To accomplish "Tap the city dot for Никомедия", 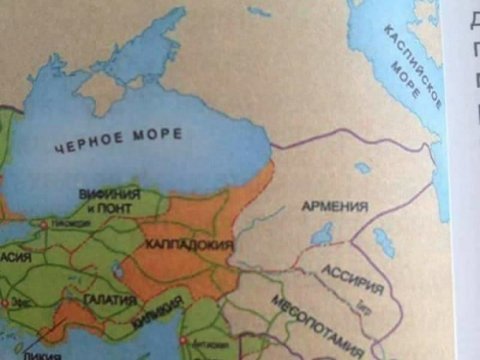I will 44,225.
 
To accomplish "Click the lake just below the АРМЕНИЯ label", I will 322,236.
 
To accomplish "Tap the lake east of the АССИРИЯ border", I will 383,241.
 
